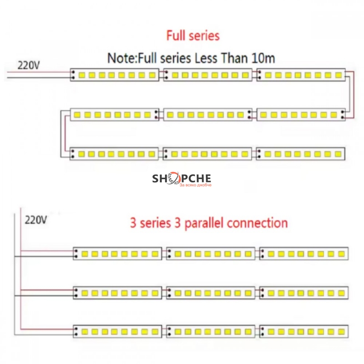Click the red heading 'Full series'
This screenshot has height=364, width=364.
tap(193, 35)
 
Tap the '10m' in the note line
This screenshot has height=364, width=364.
tap(263, 58)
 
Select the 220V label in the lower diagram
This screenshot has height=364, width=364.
tap(36, 220)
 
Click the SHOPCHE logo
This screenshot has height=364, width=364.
tap(181, 178)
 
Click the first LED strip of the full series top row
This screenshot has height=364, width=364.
tap(115, 75)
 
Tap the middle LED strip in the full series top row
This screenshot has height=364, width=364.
tap(207, 75)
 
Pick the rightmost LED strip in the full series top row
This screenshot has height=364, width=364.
tap(300, 75)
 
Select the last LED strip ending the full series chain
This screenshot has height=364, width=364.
tap(300, 154)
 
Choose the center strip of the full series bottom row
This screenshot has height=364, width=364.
tap(207, 154)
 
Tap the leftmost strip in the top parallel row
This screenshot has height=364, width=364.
tap(117, 253)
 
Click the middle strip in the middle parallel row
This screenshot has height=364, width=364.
tap(211, 292)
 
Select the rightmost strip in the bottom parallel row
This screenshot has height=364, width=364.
tap(304, 329)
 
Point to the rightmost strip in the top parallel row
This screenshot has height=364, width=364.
tap(304, 253)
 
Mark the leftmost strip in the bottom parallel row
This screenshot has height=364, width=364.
tap(117, 329)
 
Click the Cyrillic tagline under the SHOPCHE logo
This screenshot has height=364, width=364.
tap(196, 185)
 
